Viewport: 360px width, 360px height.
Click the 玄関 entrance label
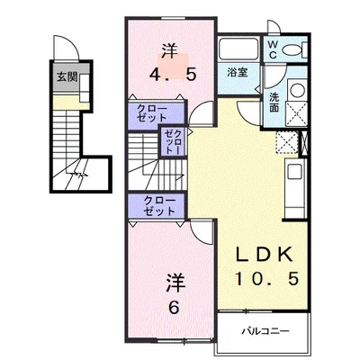coord(67,77)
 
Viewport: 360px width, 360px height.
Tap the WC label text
coord(273,49)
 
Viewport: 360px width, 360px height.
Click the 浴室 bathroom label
coord(238,72)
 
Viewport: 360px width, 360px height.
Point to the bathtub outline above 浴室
coord(238,49)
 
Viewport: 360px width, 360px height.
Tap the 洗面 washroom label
coord(274,102)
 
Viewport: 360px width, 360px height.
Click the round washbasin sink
coord(298,90)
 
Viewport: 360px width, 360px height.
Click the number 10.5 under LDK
coord(267,278)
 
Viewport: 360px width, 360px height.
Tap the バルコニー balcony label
coord(265,331)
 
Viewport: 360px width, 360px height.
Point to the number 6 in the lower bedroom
coord(174,307)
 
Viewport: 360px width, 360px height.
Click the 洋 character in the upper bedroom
coord(170,51)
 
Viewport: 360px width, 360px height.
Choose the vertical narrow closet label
coord(174,141)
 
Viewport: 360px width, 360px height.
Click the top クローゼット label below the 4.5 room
coord(152,112)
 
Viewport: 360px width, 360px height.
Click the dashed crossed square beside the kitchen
coord(287,143)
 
